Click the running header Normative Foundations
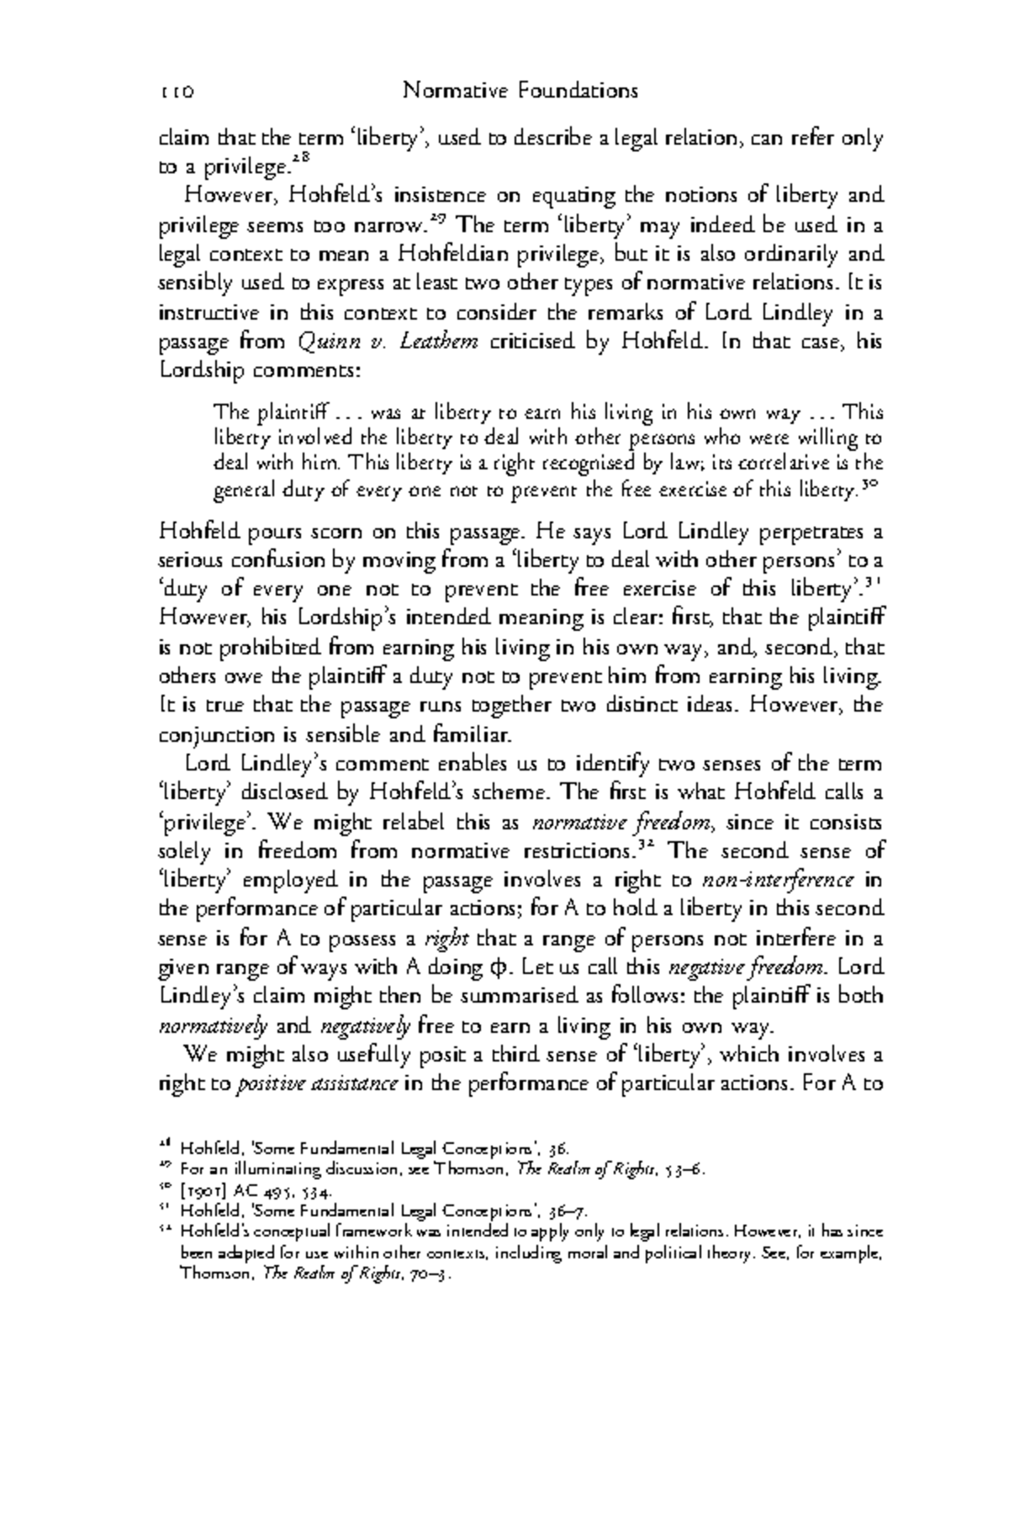520,90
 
